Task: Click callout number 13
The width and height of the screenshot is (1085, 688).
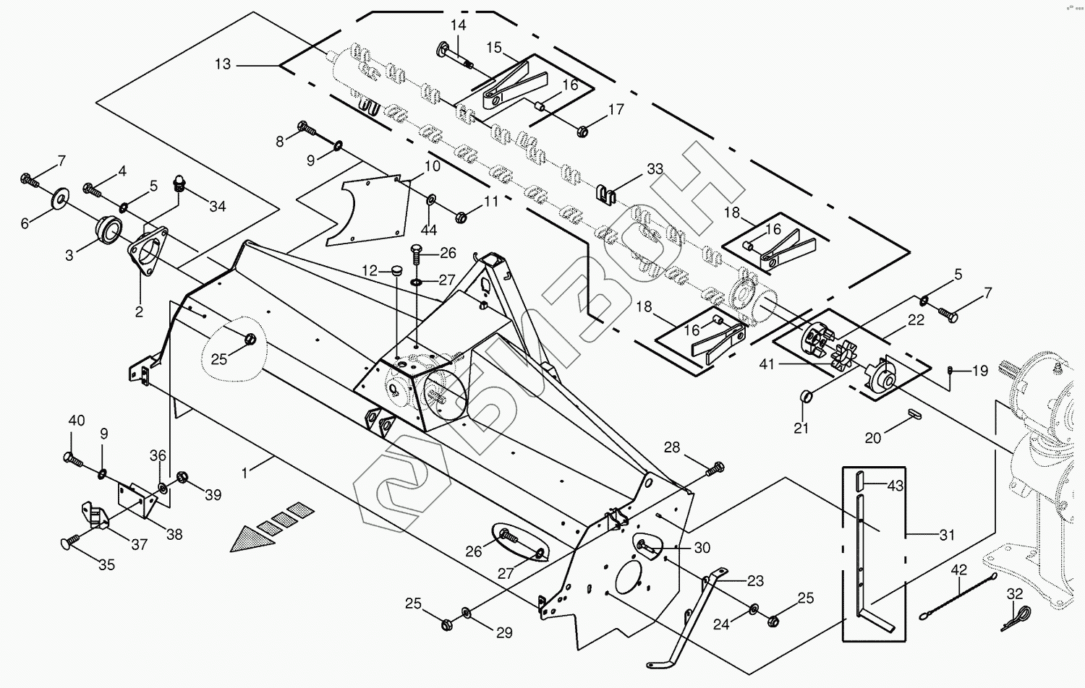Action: tap(222, 64)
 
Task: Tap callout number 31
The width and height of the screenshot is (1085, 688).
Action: tap(947, 535)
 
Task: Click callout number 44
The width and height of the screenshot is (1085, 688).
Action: tap(429, 230)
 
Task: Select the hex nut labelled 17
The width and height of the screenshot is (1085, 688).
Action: tap(583, 131)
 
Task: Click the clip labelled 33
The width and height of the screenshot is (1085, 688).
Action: tap(605, 193)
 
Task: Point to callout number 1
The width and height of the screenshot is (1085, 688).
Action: tap(244, 473)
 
